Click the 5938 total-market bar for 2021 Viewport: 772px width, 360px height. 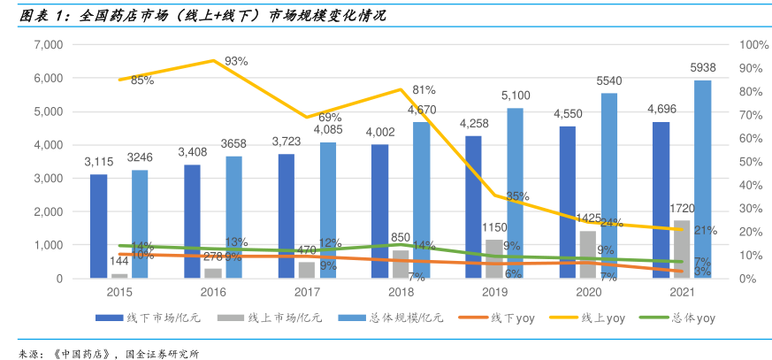click(x=702, y=180)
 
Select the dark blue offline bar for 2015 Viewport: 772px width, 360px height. click(x=98, y=226)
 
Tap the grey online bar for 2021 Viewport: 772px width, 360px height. click(x=682, y=249)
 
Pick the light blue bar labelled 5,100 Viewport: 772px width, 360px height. click(x=515, y=193)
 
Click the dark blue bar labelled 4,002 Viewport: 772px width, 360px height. click(x=379, y=211)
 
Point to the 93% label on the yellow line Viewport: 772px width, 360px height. click(x=236, y=61)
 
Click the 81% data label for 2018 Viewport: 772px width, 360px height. click(x=424, y=90)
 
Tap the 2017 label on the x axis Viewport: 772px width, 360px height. click(x=307, y=290)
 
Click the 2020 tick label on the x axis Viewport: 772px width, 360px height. click(x=587, y=290)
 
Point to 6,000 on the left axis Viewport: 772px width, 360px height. click(x=48, y=79)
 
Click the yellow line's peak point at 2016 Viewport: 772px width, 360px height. click(x=213, y=60)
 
